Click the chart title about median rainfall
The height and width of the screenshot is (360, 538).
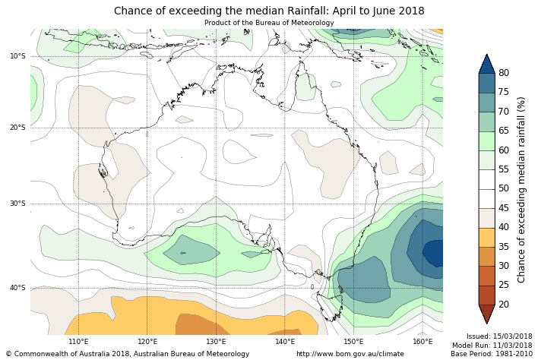tap(269, 11)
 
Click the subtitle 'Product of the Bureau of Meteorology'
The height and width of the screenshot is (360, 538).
tap(269, 23)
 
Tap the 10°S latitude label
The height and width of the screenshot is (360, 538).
tap(17, 56)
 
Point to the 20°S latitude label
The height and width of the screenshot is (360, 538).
tap(17, 128)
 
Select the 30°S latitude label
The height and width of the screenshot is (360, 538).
tap(17, 204)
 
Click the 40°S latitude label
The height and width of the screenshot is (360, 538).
tap(17, 288)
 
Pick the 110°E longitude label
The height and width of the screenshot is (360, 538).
tap(78, 342)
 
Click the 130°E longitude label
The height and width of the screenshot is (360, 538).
tap(216, 342)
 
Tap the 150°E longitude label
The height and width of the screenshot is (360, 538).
tap(353, 342)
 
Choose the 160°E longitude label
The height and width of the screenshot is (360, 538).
tap(422, 342)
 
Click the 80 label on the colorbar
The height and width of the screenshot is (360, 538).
tap(504, 73)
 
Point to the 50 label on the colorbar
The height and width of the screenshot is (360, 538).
tap(504, 188)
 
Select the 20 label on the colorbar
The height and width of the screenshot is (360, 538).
tap(504, 305)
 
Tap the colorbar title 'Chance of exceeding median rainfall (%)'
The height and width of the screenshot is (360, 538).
tap(522, 189)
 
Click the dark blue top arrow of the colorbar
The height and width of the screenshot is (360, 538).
tap(486, 64)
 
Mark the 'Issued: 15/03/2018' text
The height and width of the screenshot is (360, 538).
tap(499, 336)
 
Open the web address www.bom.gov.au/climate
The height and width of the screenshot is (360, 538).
tap(350, 354)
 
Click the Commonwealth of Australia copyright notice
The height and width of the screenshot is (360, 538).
tap(128, 354)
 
